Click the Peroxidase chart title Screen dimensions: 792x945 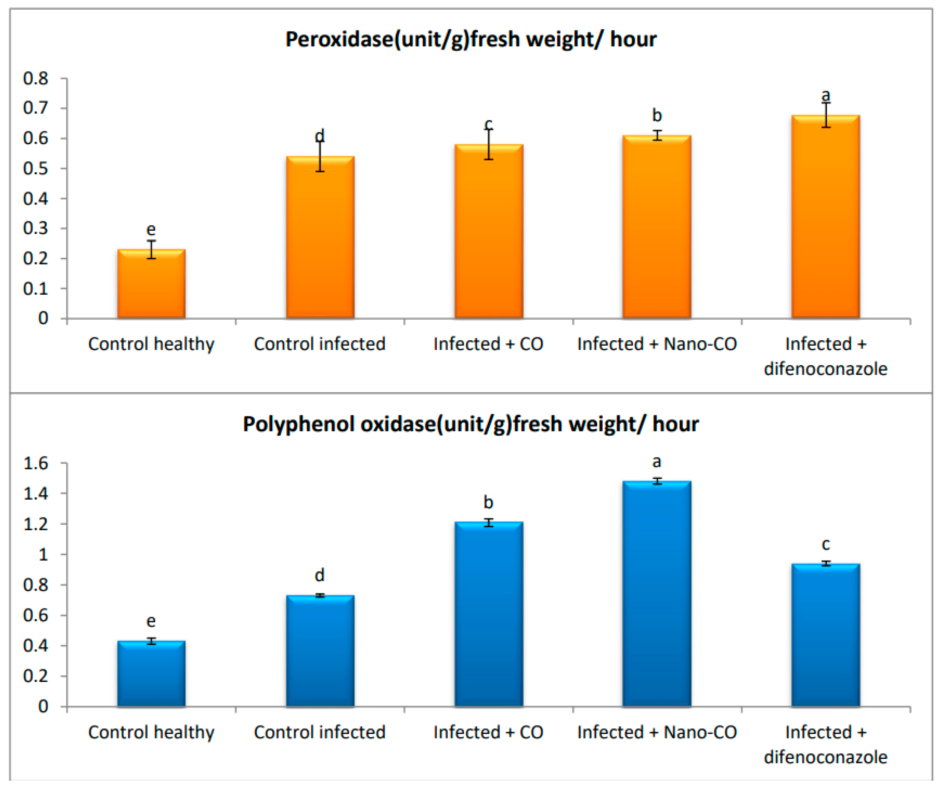pyautogui.click(x=471, y=40)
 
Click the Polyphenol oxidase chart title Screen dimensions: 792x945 pyautogui.click(x=471, y=424)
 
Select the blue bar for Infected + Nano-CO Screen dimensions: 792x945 pyautogui.click(x=656, y=594)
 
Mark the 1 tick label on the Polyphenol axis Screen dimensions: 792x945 pyautogui.click(x=43, y=554)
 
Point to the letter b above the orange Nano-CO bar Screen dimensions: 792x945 pyautogui.click(x=656, y=116)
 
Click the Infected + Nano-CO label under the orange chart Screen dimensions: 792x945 pyautogui.click(x=656, y=344)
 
